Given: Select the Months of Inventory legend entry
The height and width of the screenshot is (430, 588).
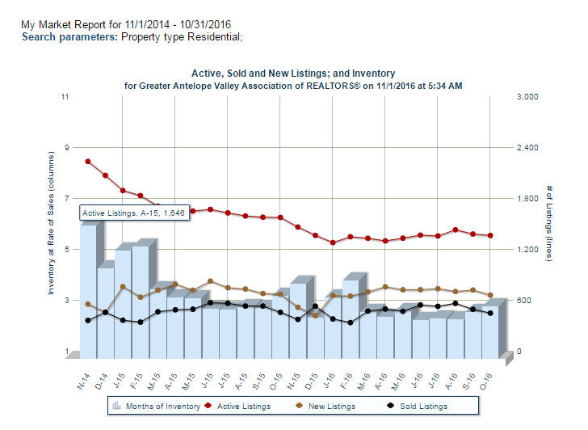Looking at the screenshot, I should click(156, 406).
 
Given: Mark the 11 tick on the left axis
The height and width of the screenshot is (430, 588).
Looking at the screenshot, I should click(65, 97).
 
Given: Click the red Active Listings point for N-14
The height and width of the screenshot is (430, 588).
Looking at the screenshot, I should click(88, 162).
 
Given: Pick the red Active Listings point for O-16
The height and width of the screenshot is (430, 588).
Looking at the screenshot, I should click(490, 235).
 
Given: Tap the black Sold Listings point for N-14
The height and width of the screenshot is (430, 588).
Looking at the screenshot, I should click(88, 320).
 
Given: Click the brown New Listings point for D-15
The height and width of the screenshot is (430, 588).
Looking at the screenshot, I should click(315, 315).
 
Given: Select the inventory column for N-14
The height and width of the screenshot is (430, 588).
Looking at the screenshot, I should click(88, 291).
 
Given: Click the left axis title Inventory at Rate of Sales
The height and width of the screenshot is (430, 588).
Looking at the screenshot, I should click(50, 234).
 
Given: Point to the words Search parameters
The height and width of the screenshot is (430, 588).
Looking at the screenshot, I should click(69, 37).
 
